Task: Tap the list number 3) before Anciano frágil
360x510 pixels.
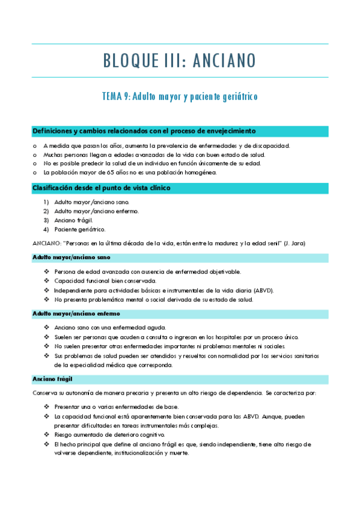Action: point(46,220)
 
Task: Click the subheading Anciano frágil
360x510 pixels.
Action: point(52,379)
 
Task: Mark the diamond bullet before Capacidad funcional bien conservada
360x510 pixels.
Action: point(46,281)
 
